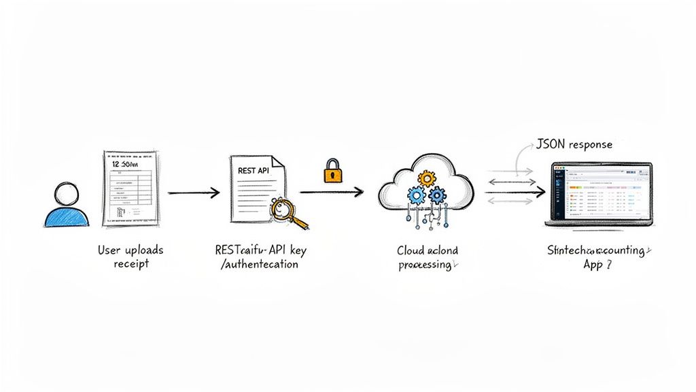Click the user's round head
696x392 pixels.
(x=66, y=194)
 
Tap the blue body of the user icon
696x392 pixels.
(x=66, y=218)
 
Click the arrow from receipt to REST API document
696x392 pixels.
(x=194, y=193)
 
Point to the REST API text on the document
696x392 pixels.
(x=253, y=170)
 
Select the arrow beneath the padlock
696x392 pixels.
(x=331, y=193)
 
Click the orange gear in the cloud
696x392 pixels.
(x=427, y=179)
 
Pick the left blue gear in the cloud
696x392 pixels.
(x=417, y=196)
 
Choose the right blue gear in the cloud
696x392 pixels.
(x=437, y=195)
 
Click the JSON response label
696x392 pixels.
(x=574, y=144)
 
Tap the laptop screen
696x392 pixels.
(x=601, y=194)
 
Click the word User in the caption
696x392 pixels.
(x=109, y=250)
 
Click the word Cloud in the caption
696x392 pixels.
(x=411, y=250)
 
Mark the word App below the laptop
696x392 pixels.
(x=593, y=265)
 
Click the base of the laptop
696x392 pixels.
(x=601, y=225)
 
